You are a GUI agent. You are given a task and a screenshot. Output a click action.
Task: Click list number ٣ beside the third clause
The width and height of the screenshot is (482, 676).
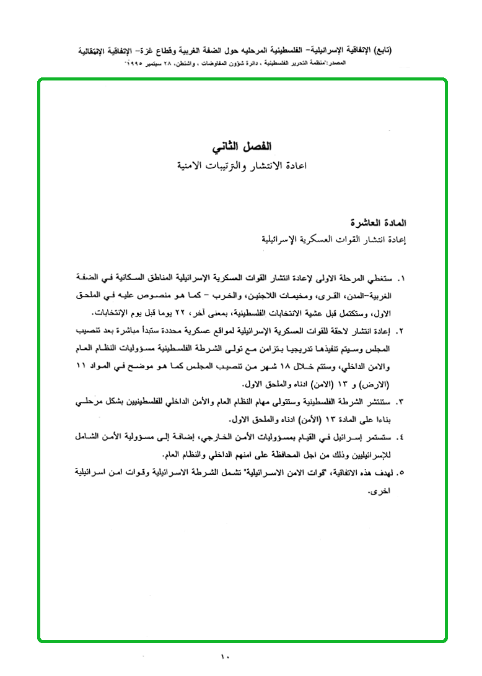click(400, 402)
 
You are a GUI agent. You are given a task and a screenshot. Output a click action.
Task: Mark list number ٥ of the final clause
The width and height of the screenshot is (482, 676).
click(400, 474)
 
